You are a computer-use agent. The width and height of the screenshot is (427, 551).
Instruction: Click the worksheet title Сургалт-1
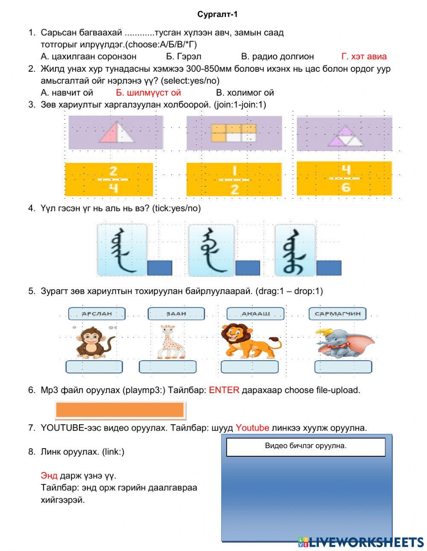tap(217, 15)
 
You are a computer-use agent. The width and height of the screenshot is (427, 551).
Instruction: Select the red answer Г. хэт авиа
tap(364, 56)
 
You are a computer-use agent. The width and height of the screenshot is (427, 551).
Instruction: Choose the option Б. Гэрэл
tap(183, 56)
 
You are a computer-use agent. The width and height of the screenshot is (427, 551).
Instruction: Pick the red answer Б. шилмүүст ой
tap(148, 93)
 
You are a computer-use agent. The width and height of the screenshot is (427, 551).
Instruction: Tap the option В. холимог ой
tap(245, 93)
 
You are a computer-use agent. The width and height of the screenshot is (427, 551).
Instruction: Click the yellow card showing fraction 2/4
tap(109, 179)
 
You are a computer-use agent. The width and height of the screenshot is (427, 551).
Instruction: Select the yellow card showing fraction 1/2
tap(234, 179)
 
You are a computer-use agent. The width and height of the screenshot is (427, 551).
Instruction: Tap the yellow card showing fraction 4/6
tap(344, 178)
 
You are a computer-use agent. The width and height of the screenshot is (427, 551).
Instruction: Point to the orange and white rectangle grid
tap(234, 133)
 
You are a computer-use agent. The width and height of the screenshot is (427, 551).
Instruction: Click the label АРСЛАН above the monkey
tap(97, 314)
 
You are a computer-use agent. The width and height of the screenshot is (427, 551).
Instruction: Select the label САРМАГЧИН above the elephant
tap(337, 314)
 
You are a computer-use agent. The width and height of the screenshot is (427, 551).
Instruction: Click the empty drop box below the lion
tap(249, 367)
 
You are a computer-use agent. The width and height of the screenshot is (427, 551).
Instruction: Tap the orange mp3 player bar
tap(120, 410)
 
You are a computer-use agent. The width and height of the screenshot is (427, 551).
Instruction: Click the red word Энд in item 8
tap(49, 475)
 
